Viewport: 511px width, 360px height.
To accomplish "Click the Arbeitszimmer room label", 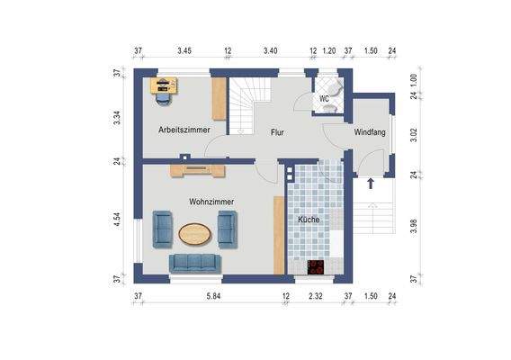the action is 184,130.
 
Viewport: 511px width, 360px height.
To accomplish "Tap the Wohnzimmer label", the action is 211,202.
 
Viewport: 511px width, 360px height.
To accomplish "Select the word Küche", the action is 309,220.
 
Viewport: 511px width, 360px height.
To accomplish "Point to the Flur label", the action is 277,132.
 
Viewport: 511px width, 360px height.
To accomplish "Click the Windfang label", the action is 370,132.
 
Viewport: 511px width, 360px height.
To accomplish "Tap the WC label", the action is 324,98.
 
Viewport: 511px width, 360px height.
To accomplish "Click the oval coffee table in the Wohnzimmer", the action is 195,234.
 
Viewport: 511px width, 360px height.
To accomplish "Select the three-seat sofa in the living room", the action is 195,264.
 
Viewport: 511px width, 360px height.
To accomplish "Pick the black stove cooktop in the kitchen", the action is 316,267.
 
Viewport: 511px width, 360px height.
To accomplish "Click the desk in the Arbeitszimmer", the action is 164,85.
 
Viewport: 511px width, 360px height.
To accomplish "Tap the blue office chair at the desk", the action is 164,99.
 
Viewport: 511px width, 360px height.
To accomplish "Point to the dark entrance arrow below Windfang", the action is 371,184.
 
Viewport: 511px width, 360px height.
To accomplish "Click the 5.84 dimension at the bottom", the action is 213,296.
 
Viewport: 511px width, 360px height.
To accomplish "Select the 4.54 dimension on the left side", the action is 117,220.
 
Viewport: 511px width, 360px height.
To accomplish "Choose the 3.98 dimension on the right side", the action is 414,226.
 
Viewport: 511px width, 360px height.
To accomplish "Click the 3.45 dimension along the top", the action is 184,51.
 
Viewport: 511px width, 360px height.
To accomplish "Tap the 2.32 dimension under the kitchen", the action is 316,296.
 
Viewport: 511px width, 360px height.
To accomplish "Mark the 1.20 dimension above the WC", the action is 329,51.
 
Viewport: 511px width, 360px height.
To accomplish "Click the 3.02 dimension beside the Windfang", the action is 414,135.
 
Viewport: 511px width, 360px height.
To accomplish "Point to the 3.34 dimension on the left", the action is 117,118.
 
